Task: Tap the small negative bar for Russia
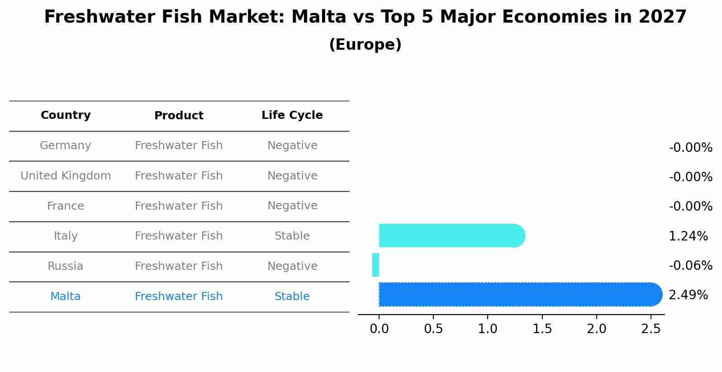click(375, 265)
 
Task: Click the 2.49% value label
click(688, 295)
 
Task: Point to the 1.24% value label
click(688, 236)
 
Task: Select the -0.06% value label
click(690, 265)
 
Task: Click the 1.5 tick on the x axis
click(542, 329)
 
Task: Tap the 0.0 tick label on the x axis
click(379, 329)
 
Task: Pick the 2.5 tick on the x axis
click(651, 329)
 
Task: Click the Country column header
click(66, 115)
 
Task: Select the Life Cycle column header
click(292, 115)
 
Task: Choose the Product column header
click(179, 116)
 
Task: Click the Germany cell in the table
click(66, 146)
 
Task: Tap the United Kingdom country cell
click(66, 176)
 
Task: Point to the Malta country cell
click(66, 297)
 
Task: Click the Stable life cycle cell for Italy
click(292, 236)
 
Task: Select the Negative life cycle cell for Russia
click(292, 266)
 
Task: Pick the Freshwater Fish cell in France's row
click(179, 206)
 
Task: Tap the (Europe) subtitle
click(365, 45)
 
